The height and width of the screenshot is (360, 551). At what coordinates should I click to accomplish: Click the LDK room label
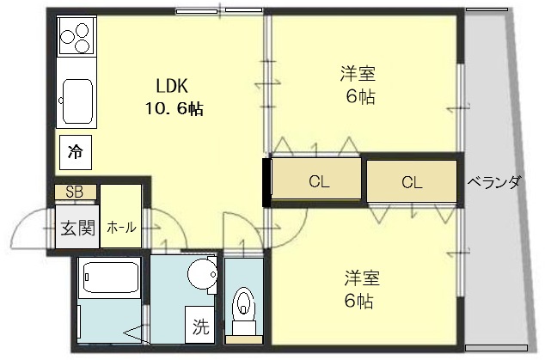172,86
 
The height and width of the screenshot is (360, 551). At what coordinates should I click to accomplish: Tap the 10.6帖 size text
174,109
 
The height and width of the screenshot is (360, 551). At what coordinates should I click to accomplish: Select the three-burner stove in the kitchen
77,36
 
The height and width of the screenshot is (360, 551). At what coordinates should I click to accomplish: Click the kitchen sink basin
77,101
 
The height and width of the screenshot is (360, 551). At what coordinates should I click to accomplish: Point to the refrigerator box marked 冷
76,152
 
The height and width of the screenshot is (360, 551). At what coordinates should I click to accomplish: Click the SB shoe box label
75,192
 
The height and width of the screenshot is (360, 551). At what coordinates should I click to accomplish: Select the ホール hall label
121,228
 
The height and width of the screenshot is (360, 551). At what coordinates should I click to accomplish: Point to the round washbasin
202,274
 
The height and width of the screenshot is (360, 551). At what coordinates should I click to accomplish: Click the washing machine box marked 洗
199,325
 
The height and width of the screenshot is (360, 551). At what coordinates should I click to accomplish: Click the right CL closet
412,181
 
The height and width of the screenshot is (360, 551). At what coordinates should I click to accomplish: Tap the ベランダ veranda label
493,182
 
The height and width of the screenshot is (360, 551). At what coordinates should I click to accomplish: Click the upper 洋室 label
358,73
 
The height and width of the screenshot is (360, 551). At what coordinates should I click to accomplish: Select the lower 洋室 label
362,278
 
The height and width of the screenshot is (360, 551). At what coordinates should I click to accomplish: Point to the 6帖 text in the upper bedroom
360,96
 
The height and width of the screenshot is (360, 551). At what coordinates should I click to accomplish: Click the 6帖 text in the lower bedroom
359,301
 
